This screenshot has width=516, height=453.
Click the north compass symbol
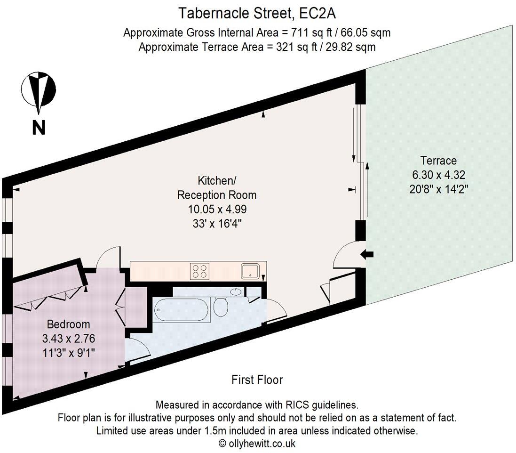tap(39, 89)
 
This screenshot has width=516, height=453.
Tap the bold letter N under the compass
tap(39, 127)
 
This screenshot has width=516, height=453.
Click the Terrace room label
tap(438, 161)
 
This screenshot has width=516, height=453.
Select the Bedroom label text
tap(68, 324)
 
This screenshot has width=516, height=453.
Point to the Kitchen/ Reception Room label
tap(216, 187)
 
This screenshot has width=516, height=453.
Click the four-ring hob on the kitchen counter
tap(199, 271)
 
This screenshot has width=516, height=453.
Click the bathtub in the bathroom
tap(181, 310)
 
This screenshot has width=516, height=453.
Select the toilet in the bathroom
tap(221, 307)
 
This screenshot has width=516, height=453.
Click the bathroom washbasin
tap(235, 291)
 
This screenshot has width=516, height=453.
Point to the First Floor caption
tap(257, 380)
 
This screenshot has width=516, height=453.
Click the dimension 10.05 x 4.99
tap(217, 209)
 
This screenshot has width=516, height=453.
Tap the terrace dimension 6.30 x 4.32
tap(438, 175)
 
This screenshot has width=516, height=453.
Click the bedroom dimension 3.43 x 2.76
tap(68, 339)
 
